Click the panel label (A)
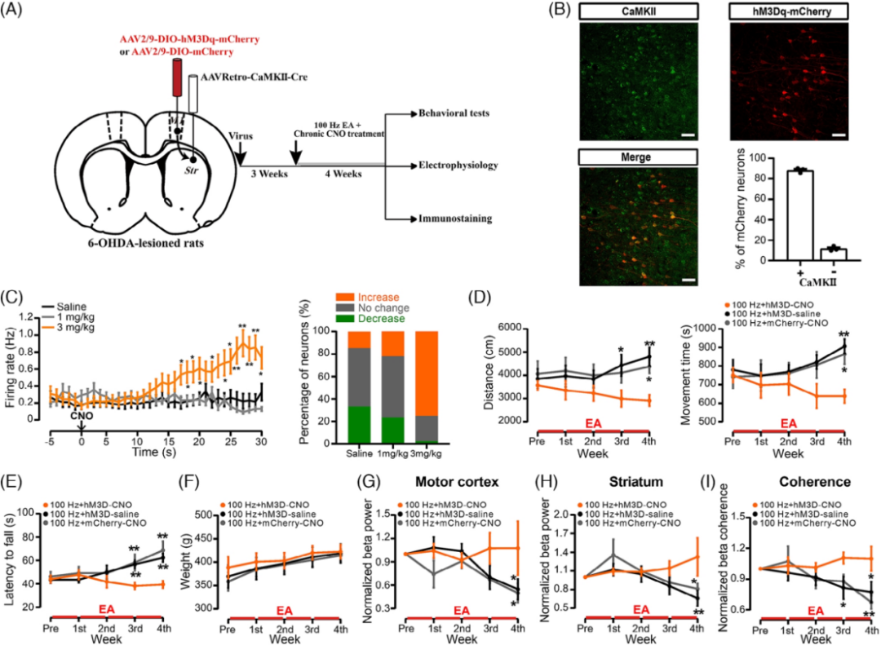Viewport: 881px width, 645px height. [18, 13]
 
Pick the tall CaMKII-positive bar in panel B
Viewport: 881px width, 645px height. [782, 215]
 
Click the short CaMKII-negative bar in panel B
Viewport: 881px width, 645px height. [832, 254]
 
